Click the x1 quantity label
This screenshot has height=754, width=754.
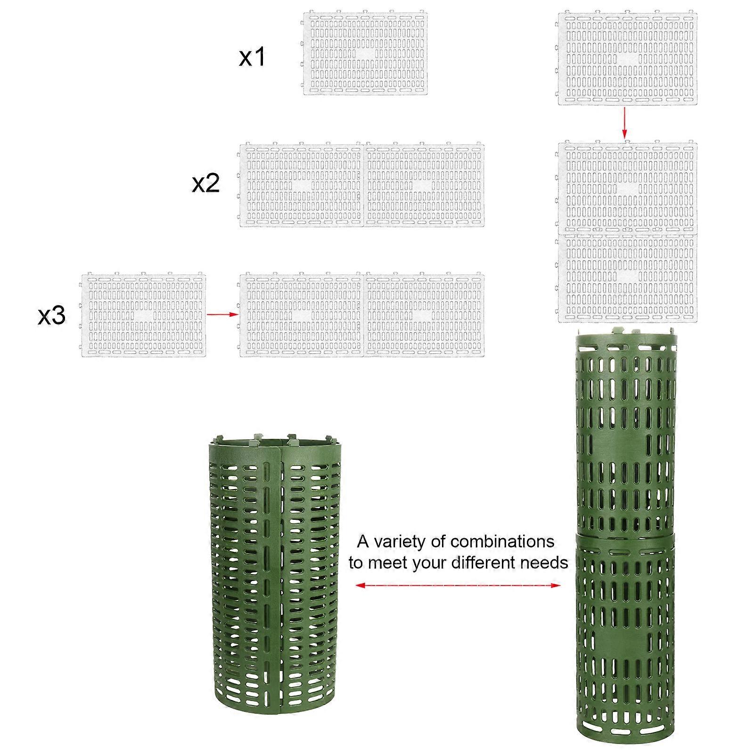click(252, 57)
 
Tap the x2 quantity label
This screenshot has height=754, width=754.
click(206, 183)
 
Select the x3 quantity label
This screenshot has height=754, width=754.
click(51, 316)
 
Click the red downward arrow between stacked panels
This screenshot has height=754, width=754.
click(625, 123)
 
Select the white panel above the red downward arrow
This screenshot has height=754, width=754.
click(627, 58)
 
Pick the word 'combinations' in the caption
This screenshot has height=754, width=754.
click(502, 542)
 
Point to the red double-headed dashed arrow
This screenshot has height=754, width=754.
click(458, 585)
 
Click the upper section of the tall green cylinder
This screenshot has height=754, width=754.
click(626, 434)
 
